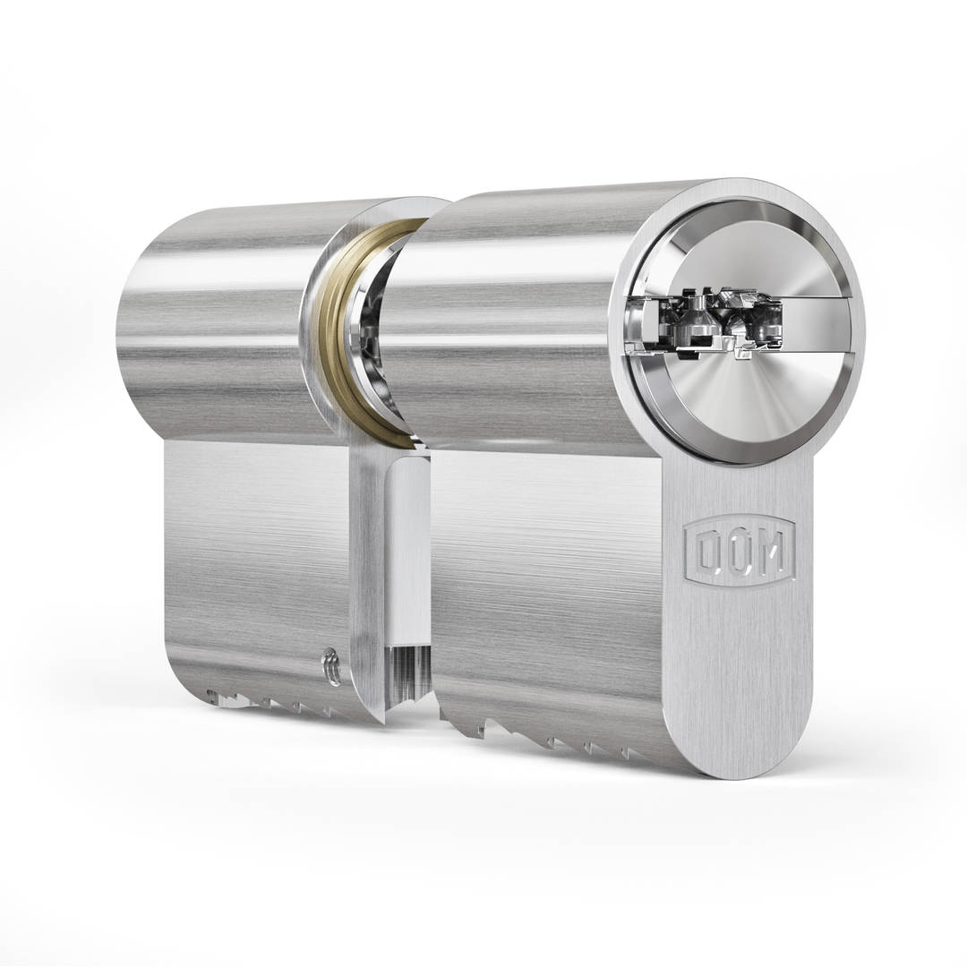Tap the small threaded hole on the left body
[x=331, y=668]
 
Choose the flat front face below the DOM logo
[x=739, y=680]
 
